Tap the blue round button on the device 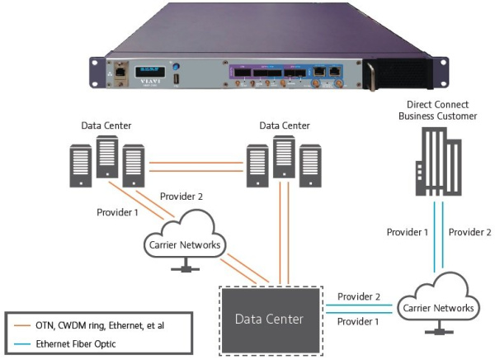coord(175,64)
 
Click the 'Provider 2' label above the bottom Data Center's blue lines coord(358,296)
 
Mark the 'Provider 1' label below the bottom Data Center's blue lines coord(358,320)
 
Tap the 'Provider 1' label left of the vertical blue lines coord(407,232)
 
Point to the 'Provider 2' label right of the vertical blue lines coord(470,232)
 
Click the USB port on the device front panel coord(175,80)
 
